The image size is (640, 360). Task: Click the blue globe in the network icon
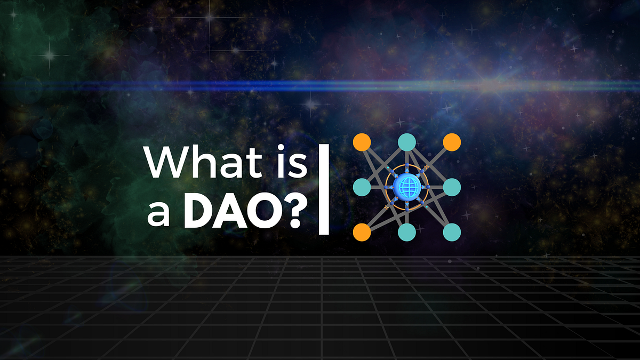[407, 187]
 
